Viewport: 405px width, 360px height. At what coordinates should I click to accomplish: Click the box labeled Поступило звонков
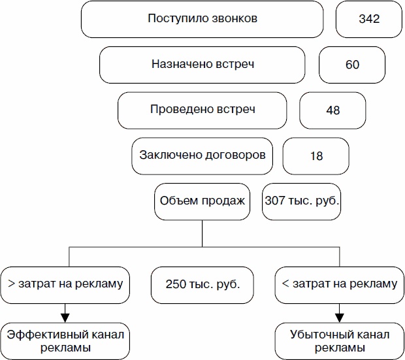pyautogui.click(x=202, y=20)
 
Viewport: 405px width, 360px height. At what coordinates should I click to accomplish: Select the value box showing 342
pyautogui.click(x=368, y=20)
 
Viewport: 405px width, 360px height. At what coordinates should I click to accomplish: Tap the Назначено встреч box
pyautogui.click(x=202, y=65)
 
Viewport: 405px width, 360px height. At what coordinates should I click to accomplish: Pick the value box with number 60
pyautogui.click(x=352, y=65)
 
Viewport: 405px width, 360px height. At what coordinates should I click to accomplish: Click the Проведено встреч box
pyautogui.click(x=202, y=110)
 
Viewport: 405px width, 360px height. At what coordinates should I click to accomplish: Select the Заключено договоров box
pyautogui.click(x=202, y=155)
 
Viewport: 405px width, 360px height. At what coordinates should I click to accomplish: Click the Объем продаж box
pyautogui.click(x=202, y=201)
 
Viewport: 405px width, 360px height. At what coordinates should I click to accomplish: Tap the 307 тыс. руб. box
pyautogui.click(x=302, y=201)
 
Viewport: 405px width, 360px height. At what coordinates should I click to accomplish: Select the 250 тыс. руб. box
pyautogui.click(x=202, y=285)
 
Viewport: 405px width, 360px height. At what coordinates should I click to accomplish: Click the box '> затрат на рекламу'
pyautogui.click(x=65, y=284)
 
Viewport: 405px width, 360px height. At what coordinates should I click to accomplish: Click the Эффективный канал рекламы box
pyautogui.click(x=65, y=340)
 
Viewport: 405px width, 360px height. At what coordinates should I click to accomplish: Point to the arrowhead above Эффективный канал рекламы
pyautogui.click(x=65, y=317)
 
